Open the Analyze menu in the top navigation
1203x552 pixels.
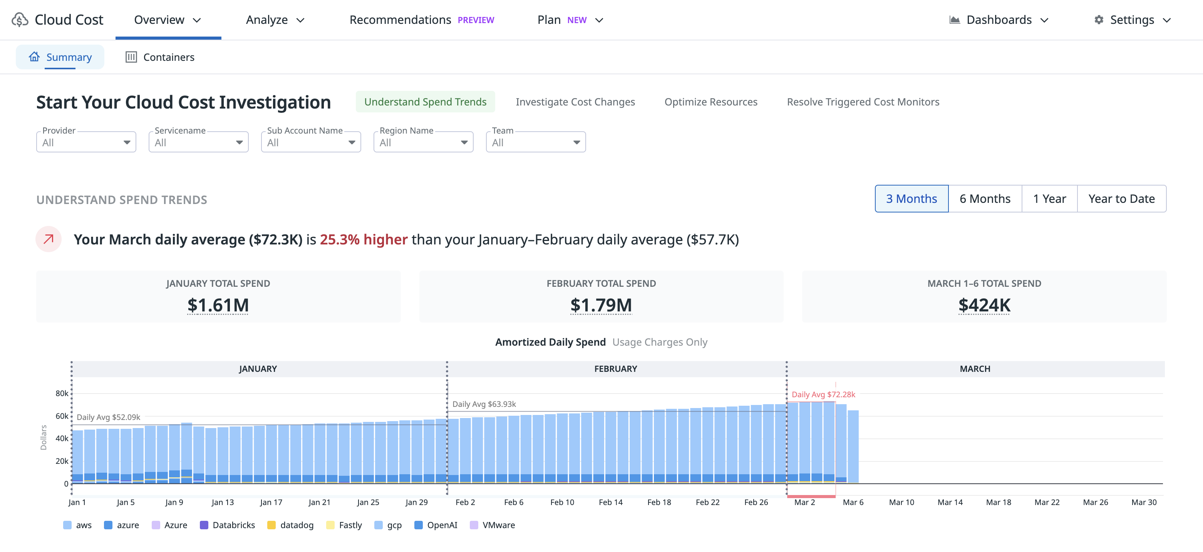[275, 20]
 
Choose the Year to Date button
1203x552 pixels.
[1121, 199]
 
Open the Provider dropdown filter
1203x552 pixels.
[86, 142]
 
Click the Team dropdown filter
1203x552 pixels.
[535, 142]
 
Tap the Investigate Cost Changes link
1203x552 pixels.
[575, 102]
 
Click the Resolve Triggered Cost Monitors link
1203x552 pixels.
[863, 102]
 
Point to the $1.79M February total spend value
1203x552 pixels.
[601, 305]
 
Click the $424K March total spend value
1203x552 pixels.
[984, 305]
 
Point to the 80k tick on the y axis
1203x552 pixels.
[62, 393]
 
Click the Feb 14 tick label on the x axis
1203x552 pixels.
[610, 502]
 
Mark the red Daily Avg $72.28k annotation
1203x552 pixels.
[823, 395]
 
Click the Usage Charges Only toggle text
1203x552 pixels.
[659, 342]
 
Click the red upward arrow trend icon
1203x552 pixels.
[49, 239]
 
